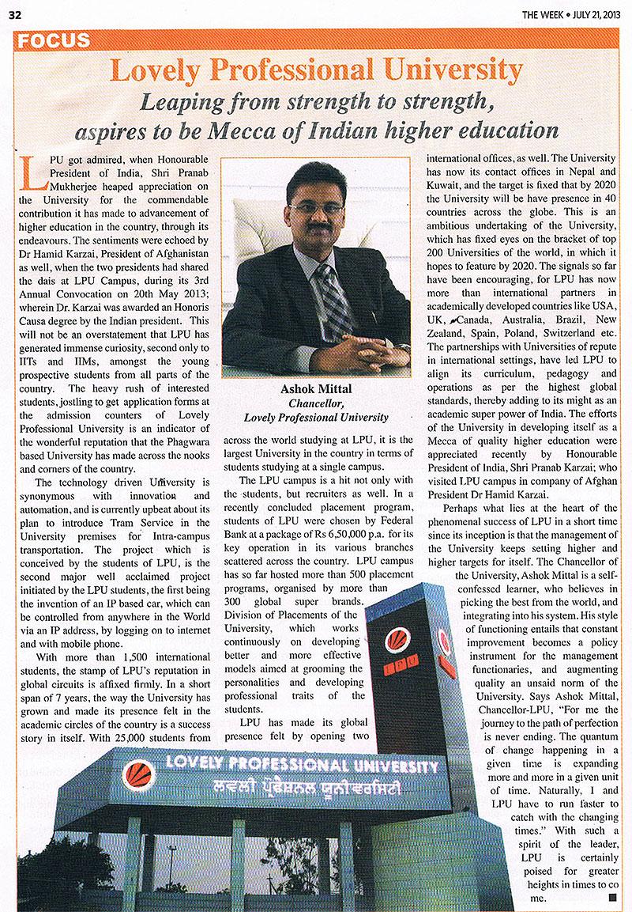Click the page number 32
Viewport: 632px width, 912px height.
tap(14, 13)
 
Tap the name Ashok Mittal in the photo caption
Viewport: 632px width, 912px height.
tap(314, 390)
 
